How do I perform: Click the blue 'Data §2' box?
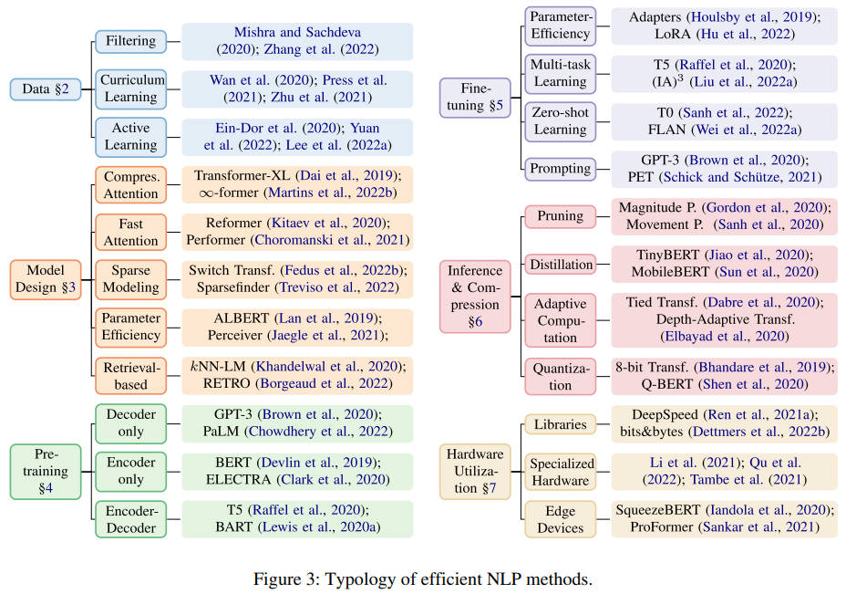pyautogui.click(x=46, y=89)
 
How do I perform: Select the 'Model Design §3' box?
pyautogui.click(x=46, y=279)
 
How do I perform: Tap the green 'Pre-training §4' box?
pyautogui.click(x=46, y=471)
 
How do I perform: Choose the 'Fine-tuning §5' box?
pyautogui.click(x=475, y=98)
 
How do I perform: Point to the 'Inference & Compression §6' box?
pyautogui.click(x=475, y=296)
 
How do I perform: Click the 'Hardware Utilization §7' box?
pyautogui.click(x=475, y=471)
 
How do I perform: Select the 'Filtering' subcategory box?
pyautogui.click(x=130, y=41)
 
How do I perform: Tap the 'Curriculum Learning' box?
pyautogui.click(x=130, y=89)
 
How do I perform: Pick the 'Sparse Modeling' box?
pyautogui.click(x=130, y=279)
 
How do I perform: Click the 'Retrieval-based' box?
pyautogui.click(x=130, y=375)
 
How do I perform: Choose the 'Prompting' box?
pyautogui.click(x=560, y=169)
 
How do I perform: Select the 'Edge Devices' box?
pyautogui.click(x=560, y=519)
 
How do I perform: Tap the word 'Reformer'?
pyautogui.click(x=233, y=223)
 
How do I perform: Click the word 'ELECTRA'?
pyautogui.click(x=238, y=479)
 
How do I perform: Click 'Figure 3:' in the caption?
pyautogui.click(x=286, y=578)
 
